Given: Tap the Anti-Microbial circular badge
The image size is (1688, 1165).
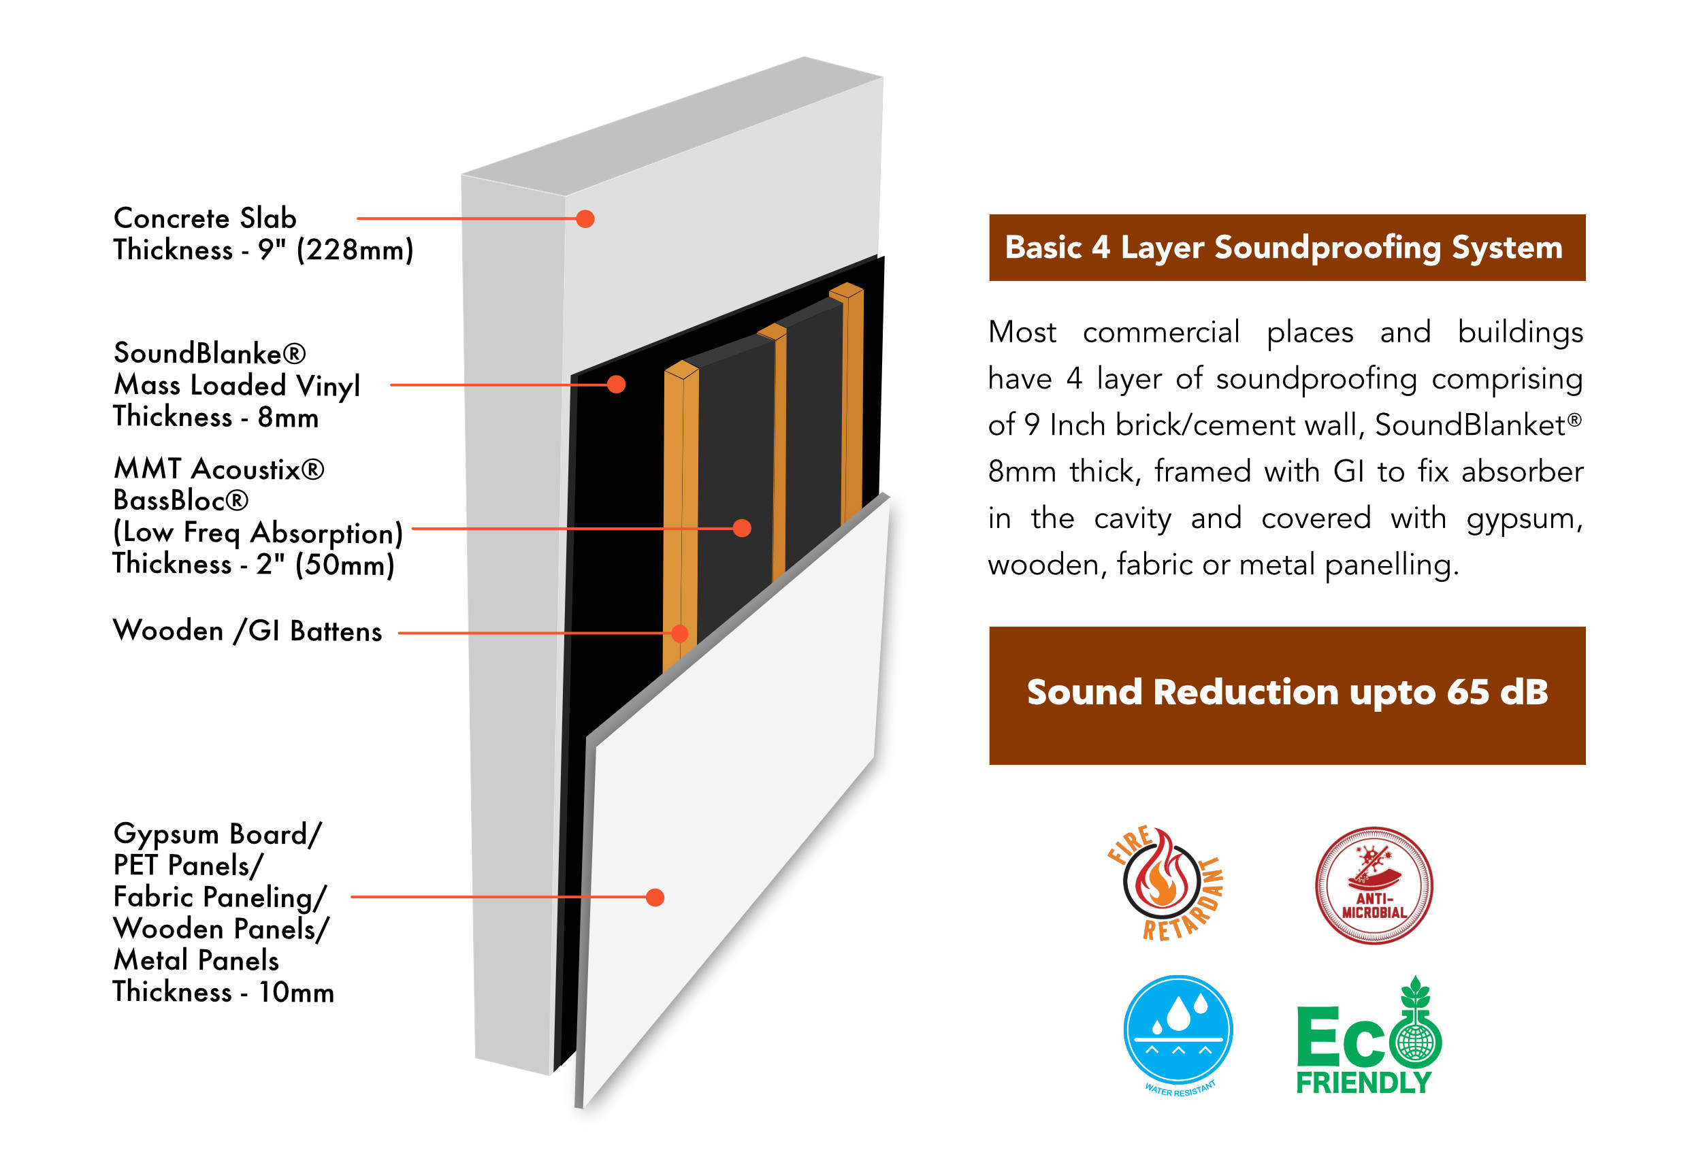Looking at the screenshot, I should pyautogui.click(x=1374, y=885).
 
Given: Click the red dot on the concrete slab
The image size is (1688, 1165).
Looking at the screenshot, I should pyautogui.click(x=585, y=219).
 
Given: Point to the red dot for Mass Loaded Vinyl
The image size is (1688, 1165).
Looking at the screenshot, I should pyautogui.click(x=616, y=384).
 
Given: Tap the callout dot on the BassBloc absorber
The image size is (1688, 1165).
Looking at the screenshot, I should pyautogui.click(x=742, y=529).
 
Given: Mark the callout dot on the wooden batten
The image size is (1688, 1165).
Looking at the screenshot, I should pyautogui.click(x=679, y=633).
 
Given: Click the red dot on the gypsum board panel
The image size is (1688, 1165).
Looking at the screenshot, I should pyautogui.click(x=655, y=897).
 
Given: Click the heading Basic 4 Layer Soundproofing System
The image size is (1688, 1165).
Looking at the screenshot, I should pyautogui.click(x=1284, y=248).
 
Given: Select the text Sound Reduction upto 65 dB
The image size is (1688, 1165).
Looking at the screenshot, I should pyautogui.click(x=1286, y=692).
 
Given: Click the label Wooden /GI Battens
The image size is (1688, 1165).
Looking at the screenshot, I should pyautogui.click(x=248, y=631).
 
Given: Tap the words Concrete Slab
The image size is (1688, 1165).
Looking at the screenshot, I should pyautogui.click(x=205, y=218).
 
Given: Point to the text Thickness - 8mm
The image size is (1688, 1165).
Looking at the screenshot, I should pyautogui.click(x=216, y=418).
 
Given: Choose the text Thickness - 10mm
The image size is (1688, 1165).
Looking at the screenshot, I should pyautogui.click(x=223, y=992).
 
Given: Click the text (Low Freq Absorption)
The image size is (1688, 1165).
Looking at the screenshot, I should pyautogui.click(x=258, y=533).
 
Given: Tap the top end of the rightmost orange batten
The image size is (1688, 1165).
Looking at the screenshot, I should pyautogui.click(x=846, y=291).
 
